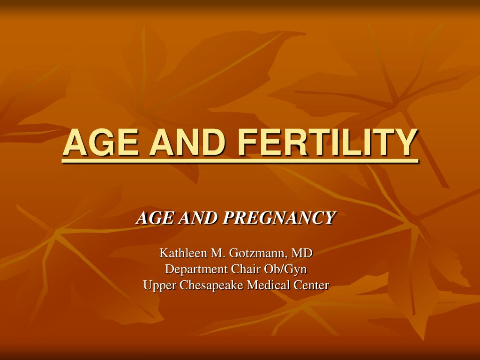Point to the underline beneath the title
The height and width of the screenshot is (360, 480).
click(x=240, y=161)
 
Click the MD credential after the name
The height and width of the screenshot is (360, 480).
click(x=302, y=253)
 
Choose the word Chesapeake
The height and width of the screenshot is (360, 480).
click(x=211, y=285)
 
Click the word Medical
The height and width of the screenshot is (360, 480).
click(x=268, y=285)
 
